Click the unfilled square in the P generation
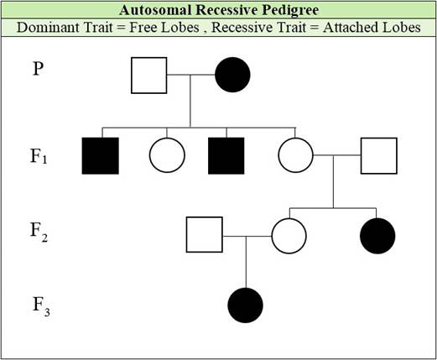pyautogui.click(x=149, y=76)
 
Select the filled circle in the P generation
pyautogui.click(x=232, y=75)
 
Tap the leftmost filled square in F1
pyautogui.click(x=101, y=156)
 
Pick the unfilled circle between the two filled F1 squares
pyautogui.click(x=167, y=155)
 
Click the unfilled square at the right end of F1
pyautogui.click(x=379, y=156)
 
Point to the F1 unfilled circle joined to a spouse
pyautogui.click(x=296, y=155)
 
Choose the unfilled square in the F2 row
pyautogui.click(x=205, y=235)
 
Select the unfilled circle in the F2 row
pyautogui.click(x=289, y=236)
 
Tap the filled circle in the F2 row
pyautogui.click(x=377, y=236)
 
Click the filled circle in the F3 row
pyautogui.click(x=246, y=305)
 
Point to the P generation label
pyautogui.click(x=39, y=69)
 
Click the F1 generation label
pyautogui.click(x=39, y=156)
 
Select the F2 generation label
pyautogui.click(x=39, y=232)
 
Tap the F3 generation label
pyautogui.click(x=41, y=307)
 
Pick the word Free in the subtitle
pyautogui.click(x=143, y=28)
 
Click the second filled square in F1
pyautogui.click(x=226, y=156)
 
